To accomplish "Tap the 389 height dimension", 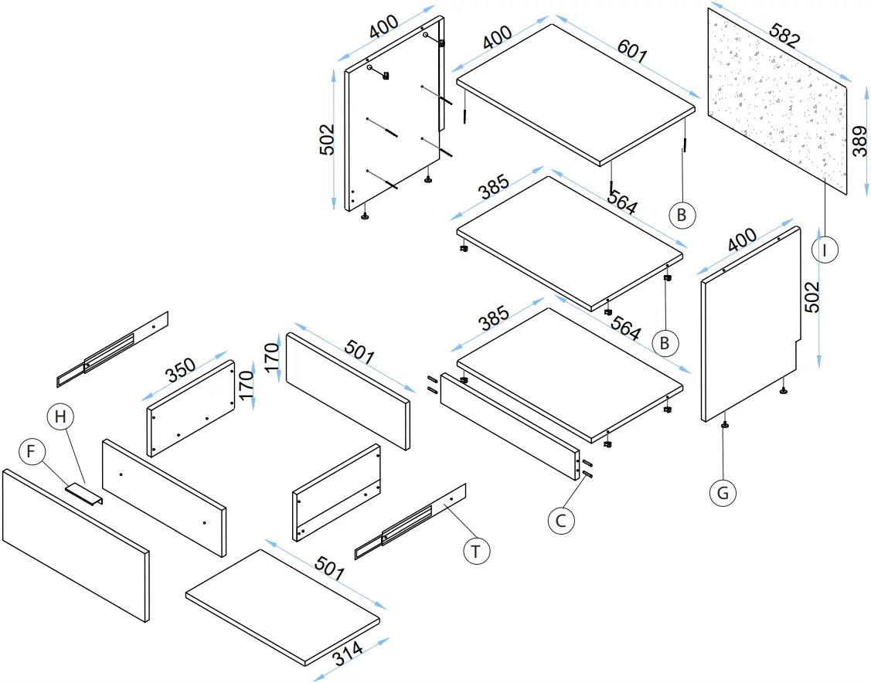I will coord(859,139).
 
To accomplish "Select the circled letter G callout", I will coord(723,492).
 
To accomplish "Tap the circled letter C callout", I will coord(562,521).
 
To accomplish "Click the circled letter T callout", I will coord(476,552).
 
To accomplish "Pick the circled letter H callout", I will coord(61,416).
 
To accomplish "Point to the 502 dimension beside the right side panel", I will coord(812,297).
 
